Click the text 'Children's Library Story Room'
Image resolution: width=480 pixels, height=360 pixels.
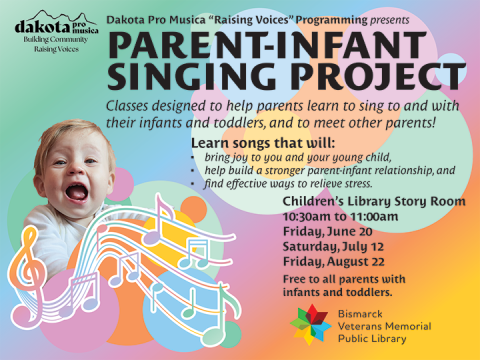point(374,201)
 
